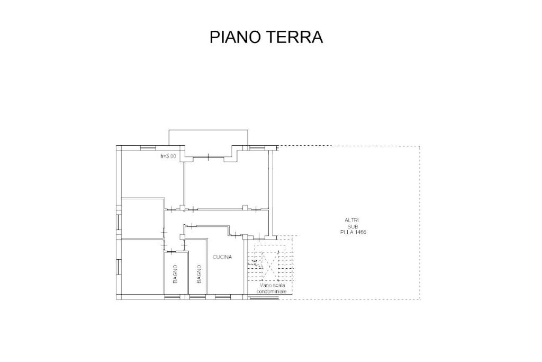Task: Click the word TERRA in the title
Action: tap(295, 37)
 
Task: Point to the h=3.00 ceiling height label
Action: tap(168, 156)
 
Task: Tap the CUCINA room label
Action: tap(222, 257)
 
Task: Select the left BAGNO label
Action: tap(175, 275)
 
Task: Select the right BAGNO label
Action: tap(199, 275)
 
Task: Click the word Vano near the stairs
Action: tap(265, 286)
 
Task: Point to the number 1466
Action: tap(360, 232)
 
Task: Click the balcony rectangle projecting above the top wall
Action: tap(208, 138)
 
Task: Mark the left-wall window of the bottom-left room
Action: tap(119, 267)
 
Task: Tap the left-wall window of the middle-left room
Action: tap(119, 222)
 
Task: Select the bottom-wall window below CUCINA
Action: tap(221, 297)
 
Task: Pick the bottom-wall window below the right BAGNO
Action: tap(196, 297)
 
